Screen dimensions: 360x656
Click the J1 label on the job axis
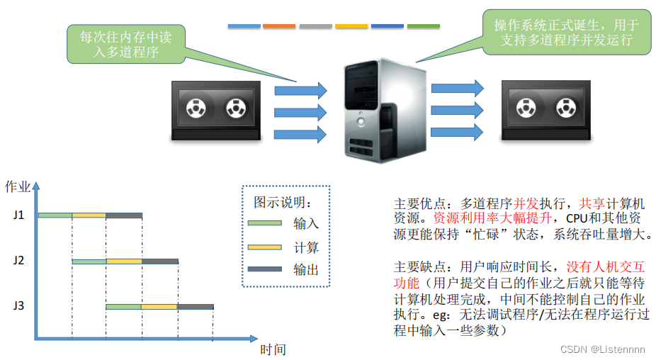(18, 215)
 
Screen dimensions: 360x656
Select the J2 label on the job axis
(18, 260)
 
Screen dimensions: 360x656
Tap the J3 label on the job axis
(18, 306)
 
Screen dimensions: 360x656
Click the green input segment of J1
(55, 215)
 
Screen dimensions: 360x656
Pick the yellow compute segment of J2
(124, 261)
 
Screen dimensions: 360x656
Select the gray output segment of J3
(196, 307)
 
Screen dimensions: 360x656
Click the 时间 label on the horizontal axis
(273, 349)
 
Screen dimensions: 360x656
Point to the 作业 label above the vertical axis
(18, 187)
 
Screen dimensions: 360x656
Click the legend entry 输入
(306, 223)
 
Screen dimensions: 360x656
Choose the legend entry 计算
(306, 247)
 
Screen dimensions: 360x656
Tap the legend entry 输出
(306, 270)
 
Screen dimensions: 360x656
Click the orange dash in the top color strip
(279, 26)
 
